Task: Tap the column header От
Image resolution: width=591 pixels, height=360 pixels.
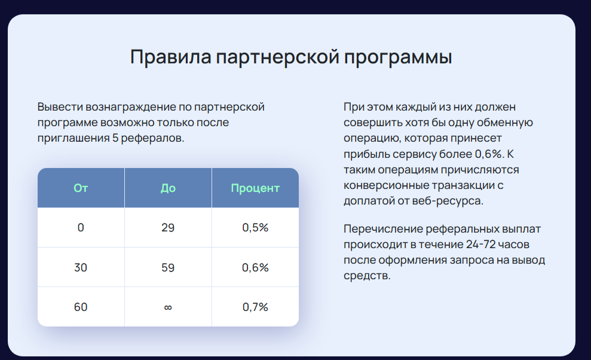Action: click(x=81, y=188)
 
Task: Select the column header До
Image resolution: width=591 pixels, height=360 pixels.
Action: click(x=168, y=188)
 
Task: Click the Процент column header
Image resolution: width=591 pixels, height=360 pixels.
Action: click(x=255, y=188)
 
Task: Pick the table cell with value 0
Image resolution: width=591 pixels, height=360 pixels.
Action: click(x=81, y=227)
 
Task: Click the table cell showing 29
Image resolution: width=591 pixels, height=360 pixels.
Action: click(x=168, y=227)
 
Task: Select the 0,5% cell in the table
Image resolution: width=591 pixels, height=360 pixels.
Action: click(x=255, y=227)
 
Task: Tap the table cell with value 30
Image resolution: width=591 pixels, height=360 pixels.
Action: click(x=81, y=267)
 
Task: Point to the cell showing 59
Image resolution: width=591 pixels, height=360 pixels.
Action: click(x=168, y=267)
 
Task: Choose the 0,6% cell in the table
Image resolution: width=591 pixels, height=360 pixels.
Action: click(x=255, y=267)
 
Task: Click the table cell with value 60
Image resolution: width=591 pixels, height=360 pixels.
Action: click(x=81, y=307)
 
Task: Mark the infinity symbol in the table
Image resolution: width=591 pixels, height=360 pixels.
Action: click(x=168, y=307)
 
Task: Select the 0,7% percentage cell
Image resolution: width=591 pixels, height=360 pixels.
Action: click(x=255, y=307)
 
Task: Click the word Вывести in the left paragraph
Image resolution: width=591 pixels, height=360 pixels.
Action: click(x=60, y=107)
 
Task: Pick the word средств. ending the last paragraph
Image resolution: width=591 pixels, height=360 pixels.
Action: click(x=367, y=276)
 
